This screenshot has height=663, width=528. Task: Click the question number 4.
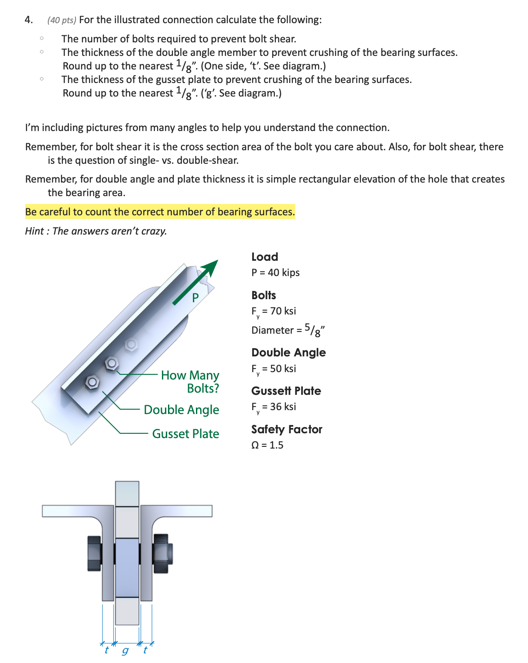click(28, 20)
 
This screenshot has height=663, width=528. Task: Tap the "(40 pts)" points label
click(62, 20)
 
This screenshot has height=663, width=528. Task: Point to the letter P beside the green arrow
click(195, 297)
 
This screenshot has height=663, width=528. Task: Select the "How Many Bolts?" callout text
click(190, 382)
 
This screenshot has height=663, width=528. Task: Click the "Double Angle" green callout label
click(181, 410)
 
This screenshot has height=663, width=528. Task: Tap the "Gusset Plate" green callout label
click(185, 434)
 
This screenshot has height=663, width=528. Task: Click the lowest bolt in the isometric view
click(92, 382)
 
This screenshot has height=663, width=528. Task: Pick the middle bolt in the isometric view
click(112, 363)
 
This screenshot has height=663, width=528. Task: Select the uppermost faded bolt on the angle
click(131, 344)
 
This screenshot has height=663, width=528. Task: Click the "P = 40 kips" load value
click(275, 273)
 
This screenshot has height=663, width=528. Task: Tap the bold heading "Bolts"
click(264, 295)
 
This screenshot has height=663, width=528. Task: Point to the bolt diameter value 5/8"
click(315, 330)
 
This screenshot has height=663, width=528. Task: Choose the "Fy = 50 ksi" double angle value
click(274, 369)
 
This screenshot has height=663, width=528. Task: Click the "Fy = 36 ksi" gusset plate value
click(274, 407)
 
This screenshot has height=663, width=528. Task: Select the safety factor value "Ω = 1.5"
click(267, 445)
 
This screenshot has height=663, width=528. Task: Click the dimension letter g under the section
click(125, 651)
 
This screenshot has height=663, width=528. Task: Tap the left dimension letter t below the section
click(106, 650)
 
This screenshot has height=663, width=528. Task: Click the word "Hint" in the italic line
click(34, 231)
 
